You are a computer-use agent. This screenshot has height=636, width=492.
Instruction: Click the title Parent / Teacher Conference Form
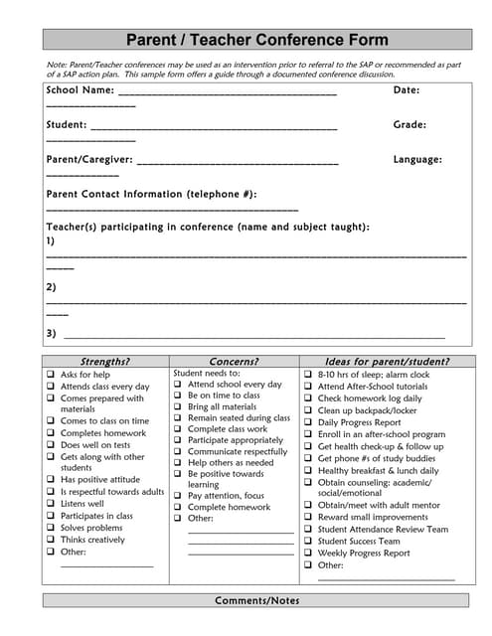(256, 41)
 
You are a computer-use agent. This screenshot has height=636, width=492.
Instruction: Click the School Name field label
(80, 90)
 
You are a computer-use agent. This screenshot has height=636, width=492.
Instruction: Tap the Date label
(407, 90)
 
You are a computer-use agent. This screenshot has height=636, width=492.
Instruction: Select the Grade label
(410, 125)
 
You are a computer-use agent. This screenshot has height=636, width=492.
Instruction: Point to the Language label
(417, 159)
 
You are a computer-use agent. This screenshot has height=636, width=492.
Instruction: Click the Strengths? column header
(104, 362)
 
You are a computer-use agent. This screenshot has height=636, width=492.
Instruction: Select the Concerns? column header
(234, 362)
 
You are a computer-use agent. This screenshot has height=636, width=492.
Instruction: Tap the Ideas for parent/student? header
(387, 362)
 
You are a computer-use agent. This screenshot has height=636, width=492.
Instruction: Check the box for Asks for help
(51, 375)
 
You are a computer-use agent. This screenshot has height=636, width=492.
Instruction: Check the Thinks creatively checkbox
(51, 540)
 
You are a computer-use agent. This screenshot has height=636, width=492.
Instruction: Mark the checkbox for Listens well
(51, 504)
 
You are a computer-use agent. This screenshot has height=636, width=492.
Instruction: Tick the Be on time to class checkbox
(178, 396)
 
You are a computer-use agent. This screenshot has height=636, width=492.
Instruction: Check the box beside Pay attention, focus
(178, 495)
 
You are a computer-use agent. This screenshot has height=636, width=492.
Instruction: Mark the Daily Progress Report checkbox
(308, 422)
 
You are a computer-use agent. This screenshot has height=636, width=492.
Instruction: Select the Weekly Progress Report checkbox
(308, 554)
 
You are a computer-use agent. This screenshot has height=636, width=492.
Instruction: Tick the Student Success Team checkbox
(308, 542)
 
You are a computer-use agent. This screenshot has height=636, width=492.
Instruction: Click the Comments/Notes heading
(256, 600)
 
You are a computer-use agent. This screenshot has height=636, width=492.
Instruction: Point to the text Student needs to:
(207, 374)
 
